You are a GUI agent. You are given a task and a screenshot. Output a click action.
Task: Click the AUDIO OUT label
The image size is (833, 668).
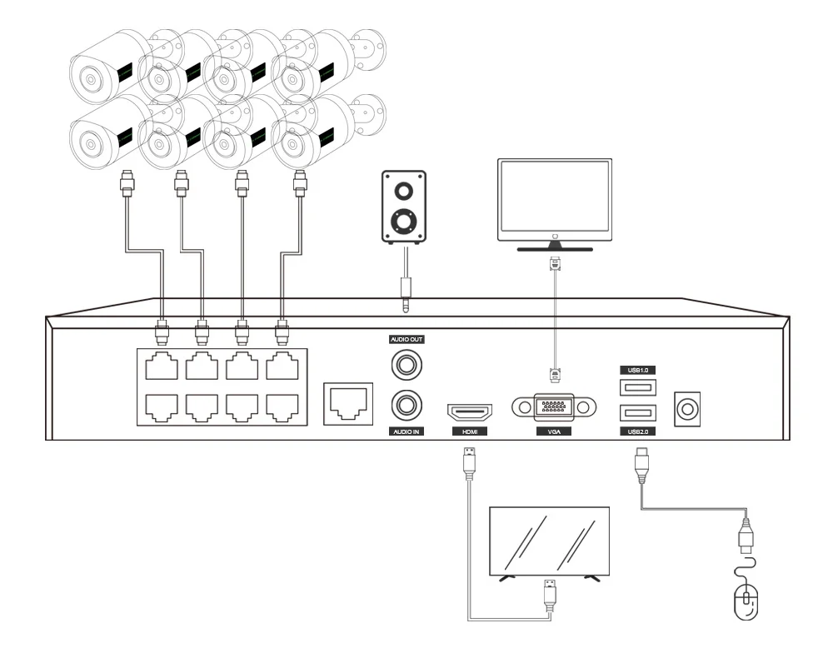407,339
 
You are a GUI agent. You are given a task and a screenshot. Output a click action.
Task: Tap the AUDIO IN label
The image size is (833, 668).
407,431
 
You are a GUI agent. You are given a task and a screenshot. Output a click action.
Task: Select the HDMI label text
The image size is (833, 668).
469,431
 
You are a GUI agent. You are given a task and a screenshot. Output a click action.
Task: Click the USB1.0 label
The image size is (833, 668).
637,369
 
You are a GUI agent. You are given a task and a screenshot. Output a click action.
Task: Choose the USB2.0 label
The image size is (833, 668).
637,431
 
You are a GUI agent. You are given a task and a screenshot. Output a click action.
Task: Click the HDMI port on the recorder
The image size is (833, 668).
470,411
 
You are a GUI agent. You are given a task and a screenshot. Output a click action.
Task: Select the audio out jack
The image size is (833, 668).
407,363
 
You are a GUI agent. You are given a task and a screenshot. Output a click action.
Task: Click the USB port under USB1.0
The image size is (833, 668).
637,386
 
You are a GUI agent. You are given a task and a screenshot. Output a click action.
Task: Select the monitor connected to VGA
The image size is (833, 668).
555,204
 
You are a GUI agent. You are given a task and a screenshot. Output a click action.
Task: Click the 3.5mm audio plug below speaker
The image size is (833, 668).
406,292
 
